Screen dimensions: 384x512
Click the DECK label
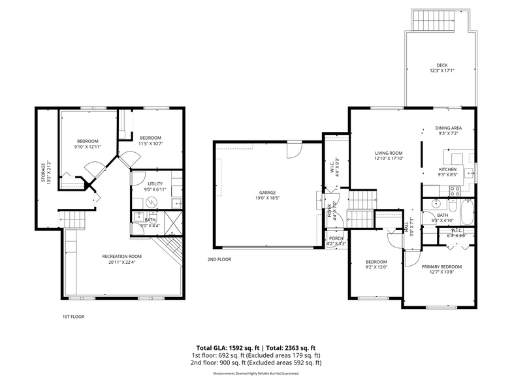[442, 65]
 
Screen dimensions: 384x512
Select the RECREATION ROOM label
[122, 256]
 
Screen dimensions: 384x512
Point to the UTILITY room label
[155, 184]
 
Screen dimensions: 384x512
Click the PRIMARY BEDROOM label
[441, 266]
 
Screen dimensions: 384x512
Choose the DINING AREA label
[449, 128]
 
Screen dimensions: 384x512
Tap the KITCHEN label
[447, 169]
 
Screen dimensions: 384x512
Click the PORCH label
[336, 238]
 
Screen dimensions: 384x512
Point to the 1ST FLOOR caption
[73, 316]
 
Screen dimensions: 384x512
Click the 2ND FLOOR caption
[220, 259]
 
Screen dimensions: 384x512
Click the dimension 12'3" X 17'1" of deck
[442, 71]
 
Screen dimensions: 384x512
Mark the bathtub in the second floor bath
[466, 212]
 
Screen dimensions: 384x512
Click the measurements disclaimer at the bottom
[255, 373]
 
